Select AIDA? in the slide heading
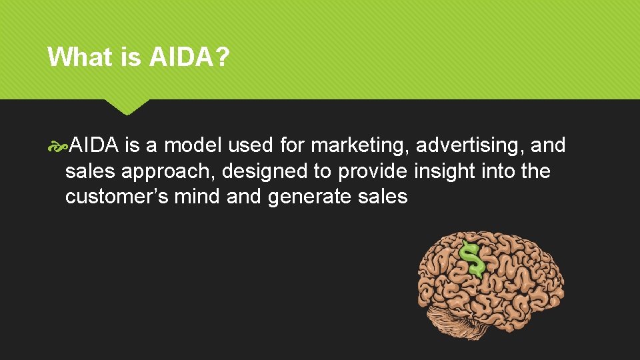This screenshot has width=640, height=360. (189, 57)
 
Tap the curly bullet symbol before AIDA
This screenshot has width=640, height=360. (58, 145)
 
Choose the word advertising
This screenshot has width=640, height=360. (467, 145)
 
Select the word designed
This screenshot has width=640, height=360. (266, 172)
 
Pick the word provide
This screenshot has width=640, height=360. (373, 171)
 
